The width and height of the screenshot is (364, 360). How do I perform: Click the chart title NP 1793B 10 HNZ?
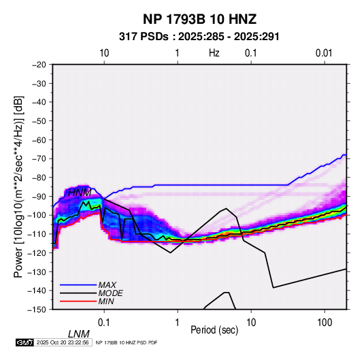tap(199, 19)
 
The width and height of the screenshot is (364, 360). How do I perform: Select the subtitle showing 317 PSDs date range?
tap(199, 37)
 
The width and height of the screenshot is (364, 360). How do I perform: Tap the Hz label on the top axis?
tap(214, 53)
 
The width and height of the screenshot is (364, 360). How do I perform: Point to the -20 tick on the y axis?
tap(39, 65)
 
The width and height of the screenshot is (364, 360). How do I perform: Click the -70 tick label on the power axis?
tap(39, 159)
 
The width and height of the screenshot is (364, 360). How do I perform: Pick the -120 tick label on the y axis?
tap(37, 252)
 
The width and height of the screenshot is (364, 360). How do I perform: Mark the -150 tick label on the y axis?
tap(37, 310)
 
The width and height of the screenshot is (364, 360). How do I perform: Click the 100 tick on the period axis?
tap(325, 323)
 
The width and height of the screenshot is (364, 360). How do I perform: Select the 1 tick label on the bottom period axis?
tap(178, 323)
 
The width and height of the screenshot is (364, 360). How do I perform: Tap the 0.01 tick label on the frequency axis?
tap(324, 53)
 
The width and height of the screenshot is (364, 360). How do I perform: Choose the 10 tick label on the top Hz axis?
tap(104, 53)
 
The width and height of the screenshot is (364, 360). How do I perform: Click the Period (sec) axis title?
tap(214, 330)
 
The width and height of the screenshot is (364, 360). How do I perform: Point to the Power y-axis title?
tap(18, 186)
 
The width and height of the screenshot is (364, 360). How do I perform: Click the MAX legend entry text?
tap(107, 285)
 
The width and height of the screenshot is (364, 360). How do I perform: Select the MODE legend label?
tap(110, 293)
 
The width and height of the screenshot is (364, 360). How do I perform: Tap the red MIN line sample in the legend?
tap(78, 301)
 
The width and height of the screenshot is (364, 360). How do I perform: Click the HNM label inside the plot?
tap(80, 193)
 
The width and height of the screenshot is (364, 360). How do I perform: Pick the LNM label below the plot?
tap(78, 334)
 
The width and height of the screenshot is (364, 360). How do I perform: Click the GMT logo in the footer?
tap(24, 342)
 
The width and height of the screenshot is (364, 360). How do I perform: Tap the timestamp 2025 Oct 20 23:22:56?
tap(63, 342)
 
